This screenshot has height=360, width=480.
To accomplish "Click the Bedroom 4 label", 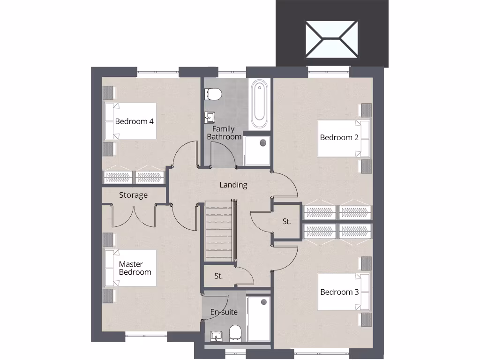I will [135, 121].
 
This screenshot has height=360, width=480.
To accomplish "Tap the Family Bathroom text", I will [224, 133].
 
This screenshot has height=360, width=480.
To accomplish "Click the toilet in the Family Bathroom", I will [213, 94].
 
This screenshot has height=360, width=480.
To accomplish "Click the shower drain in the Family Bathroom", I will [263, 142].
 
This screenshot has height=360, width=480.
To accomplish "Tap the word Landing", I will [233, 185].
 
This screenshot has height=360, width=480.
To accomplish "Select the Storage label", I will [133, 195].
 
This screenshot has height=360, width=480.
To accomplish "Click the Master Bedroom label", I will [135, 268].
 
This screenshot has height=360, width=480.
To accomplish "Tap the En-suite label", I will [224, 312].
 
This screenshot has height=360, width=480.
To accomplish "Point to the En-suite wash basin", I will [216, 335].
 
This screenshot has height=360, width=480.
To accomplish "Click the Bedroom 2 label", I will [339, 137].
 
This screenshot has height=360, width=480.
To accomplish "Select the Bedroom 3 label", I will [339, 292].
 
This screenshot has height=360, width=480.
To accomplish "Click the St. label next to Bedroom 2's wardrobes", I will [286, 222].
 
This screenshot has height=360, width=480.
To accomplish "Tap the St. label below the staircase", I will [218, 277].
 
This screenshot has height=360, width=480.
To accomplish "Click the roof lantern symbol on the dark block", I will [332, 39].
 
